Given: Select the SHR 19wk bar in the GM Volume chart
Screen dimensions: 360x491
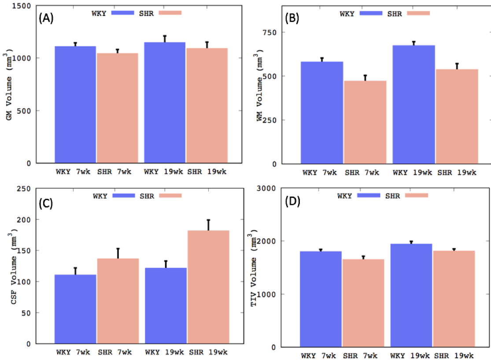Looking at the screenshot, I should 207,105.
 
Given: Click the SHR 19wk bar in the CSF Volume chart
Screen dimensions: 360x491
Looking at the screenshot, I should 208,287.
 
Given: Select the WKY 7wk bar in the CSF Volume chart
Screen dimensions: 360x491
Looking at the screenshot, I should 75,309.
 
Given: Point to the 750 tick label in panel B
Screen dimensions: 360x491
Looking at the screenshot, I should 286,33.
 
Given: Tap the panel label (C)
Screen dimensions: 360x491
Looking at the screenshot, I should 47,204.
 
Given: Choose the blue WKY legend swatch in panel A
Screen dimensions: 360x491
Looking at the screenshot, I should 124,13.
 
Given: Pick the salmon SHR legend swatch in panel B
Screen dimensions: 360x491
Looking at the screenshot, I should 417,13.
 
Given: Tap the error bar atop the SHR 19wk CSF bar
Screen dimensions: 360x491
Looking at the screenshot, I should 208,225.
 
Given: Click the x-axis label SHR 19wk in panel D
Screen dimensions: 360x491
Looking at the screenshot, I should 454,355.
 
